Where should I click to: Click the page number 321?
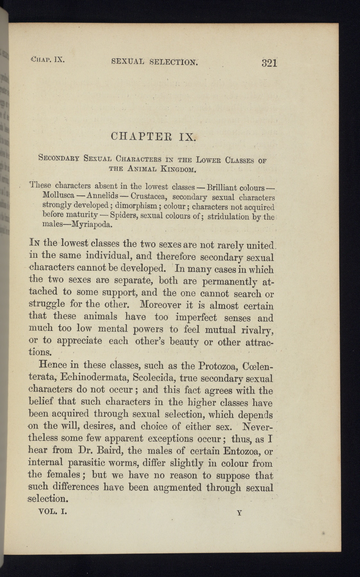(269, 62)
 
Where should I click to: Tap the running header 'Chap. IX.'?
(48, 59)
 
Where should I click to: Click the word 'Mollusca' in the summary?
(58, 195)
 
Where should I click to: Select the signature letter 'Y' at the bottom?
(239, 513)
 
